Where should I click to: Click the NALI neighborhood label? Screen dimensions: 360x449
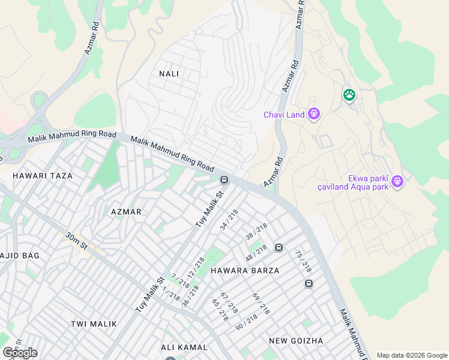click(169, 73)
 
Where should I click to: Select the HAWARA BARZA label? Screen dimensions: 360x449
click(245, 271)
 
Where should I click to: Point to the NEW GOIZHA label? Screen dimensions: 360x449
click(296, 341)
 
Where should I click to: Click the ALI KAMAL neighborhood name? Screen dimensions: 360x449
click(184, 347)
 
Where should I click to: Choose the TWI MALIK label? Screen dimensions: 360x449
click(94, 324)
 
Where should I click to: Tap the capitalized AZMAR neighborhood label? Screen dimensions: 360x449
click(126, 212)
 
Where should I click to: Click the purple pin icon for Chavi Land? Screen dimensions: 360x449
click(313, 113)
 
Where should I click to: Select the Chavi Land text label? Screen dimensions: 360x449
click(285, 115)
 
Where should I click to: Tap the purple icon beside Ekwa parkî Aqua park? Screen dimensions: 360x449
click(397, 181)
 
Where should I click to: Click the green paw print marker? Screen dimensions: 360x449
click(349, 95)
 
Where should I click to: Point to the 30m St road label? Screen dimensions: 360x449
click(77, 242)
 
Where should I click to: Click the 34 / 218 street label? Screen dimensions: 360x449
click(229, 220)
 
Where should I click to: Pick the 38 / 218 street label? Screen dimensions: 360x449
click(256, 232)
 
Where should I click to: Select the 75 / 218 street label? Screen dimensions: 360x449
click(303, 259)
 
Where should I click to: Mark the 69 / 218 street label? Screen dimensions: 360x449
click(261, 305)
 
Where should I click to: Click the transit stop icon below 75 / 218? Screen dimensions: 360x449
click(309, 284)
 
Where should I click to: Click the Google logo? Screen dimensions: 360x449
click(20, 353)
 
